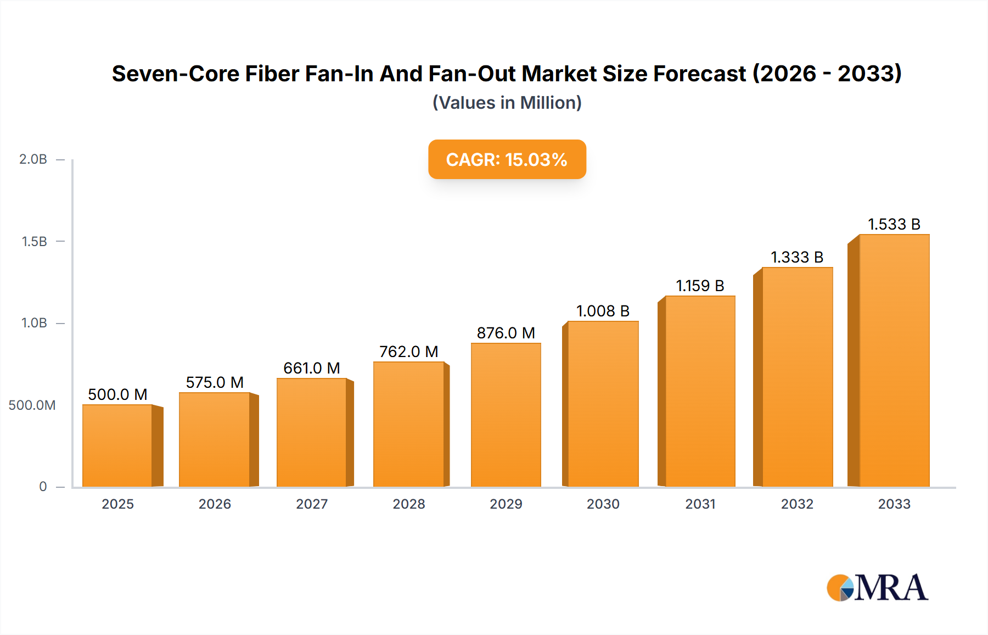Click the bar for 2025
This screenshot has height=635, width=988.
click(117, 445)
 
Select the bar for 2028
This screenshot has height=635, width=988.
click(409, 424)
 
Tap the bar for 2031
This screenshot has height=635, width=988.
click(700, 391)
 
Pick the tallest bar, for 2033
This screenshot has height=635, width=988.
click(894, 360)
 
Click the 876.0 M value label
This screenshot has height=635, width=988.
click(506, 333)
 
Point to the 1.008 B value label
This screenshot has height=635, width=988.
click(603, 311)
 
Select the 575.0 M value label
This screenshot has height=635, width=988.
click(215, 382)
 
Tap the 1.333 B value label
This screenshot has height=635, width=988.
click(797, 257)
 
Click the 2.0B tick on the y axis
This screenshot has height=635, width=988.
click(33, 159)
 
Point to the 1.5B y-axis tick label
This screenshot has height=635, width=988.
click(35, 242)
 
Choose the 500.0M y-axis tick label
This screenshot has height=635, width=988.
click(32, 405)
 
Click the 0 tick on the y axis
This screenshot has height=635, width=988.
click(43, 487)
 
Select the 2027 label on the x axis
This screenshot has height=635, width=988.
click(312, 504)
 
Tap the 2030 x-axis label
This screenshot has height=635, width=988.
click(603, 504)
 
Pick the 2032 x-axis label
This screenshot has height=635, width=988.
click(797, 504)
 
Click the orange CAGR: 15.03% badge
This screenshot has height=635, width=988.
click(507, 159)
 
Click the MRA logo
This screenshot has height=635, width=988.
click(877, 588)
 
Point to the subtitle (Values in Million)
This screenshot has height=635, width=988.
click(507, 103)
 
